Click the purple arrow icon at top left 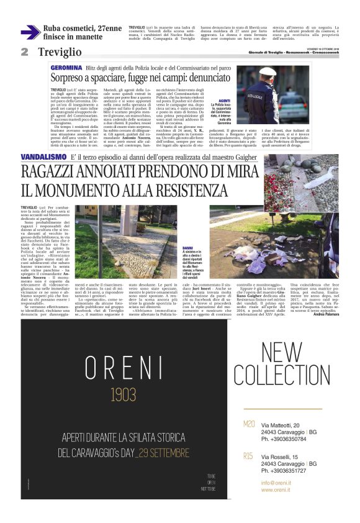tap(30, 32)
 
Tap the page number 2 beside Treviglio tap(24, 52)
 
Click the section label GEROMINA tap(64, 66)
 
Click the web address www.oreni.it tap(277, 490)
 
